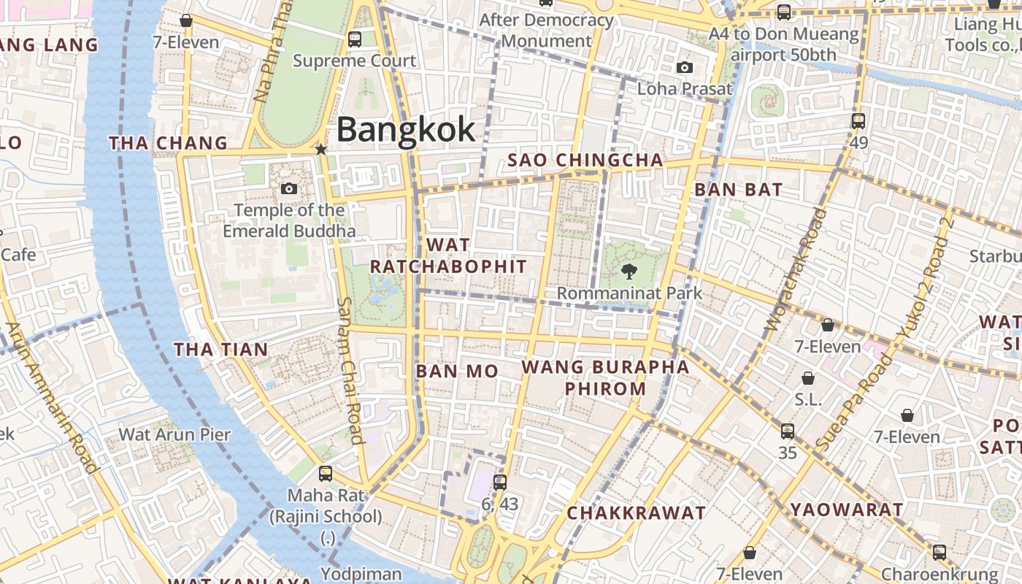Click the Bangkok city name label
406,130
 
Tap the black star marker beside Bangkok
320,150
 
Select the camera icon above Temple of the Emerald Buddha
289,189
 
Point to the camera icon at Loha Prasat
684,68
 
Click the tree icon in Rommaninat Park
628,272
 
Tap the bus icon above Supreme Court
355,39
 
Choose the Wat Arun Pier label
174,434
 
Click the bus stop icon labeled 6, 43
500,482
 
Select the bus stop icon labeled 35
787,431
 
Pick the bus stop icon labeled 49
858,121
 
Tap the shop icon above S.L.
808,378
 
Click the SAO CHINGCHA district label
585,160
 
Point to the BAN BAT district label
738,190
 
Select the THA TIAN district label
221,350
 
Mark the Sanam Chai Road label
351,370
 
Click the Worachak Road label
794,270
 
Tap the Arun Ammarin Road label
51,398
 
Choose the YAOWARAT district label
847,510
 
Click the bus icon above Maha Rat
326,474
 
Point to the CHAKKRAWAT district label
636,513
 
